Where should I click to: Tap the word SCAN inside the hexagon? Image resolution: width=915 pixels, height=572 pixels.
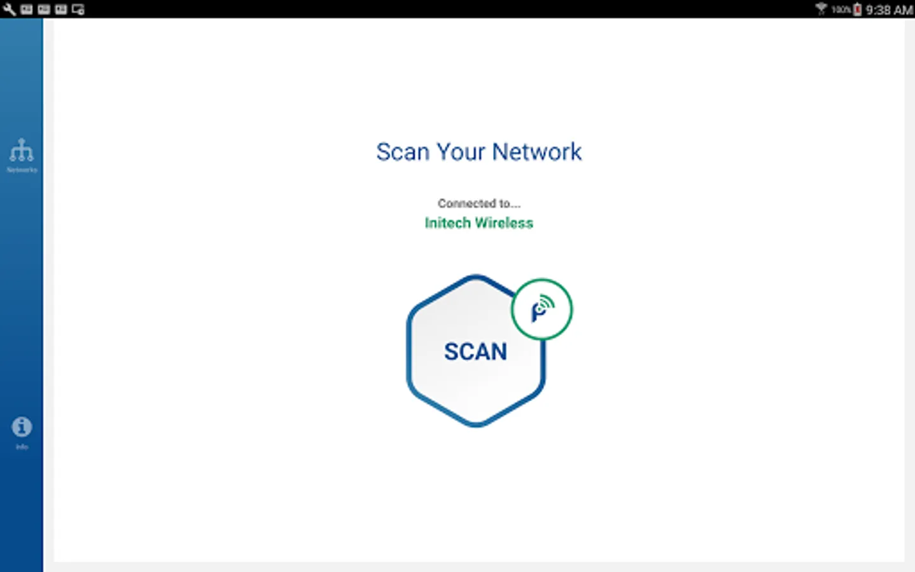pos(475,351)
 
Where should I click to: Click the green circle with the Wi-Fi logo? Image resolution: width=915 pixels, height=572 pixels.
pos(541,310)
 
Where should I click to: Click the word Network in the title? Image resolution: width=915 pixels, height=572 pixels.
pos(537,153)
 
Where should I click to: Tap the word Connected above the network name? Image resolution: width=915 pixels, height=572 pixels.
pos(466,203)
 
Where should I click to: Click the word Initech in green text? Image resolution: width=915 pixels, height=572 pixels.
pos(447,223)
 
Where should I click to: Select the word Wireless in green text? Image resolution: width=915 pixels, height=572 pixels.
pos(504,223)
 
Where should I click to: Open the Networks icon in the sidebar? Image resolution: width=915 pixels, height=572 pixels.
pos(22,151)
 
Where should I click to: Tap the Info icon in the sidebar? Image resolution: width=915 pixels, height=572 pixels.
pos(22,426)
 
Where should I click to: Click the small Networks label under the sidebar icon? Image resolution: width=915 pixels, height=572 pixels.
pos(22,170)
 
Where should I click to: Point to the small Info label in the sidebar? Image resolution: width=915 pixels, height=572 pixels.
pos(22,447)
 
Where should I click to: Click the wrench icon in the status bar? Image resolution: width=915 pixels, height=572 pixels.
pos(9,10)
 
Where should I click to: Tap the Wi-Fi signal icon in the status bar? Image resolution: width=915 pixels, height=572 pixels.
pos(821,9)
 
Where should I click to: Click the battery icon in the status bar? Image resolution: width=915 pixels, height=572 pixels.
pos(857,10)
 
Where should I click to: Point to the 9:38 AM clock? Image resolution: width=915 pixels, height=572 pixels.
pos(889,10)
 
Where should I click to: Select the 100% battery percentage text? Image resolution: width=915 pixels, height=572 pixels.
pos(841,10)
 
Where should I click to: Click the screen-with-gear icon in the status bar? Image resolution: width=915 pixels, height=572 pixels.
pos(78,10)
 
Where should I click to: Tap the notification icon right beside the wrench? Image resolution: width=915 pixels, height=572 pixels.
pos(27,10)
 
